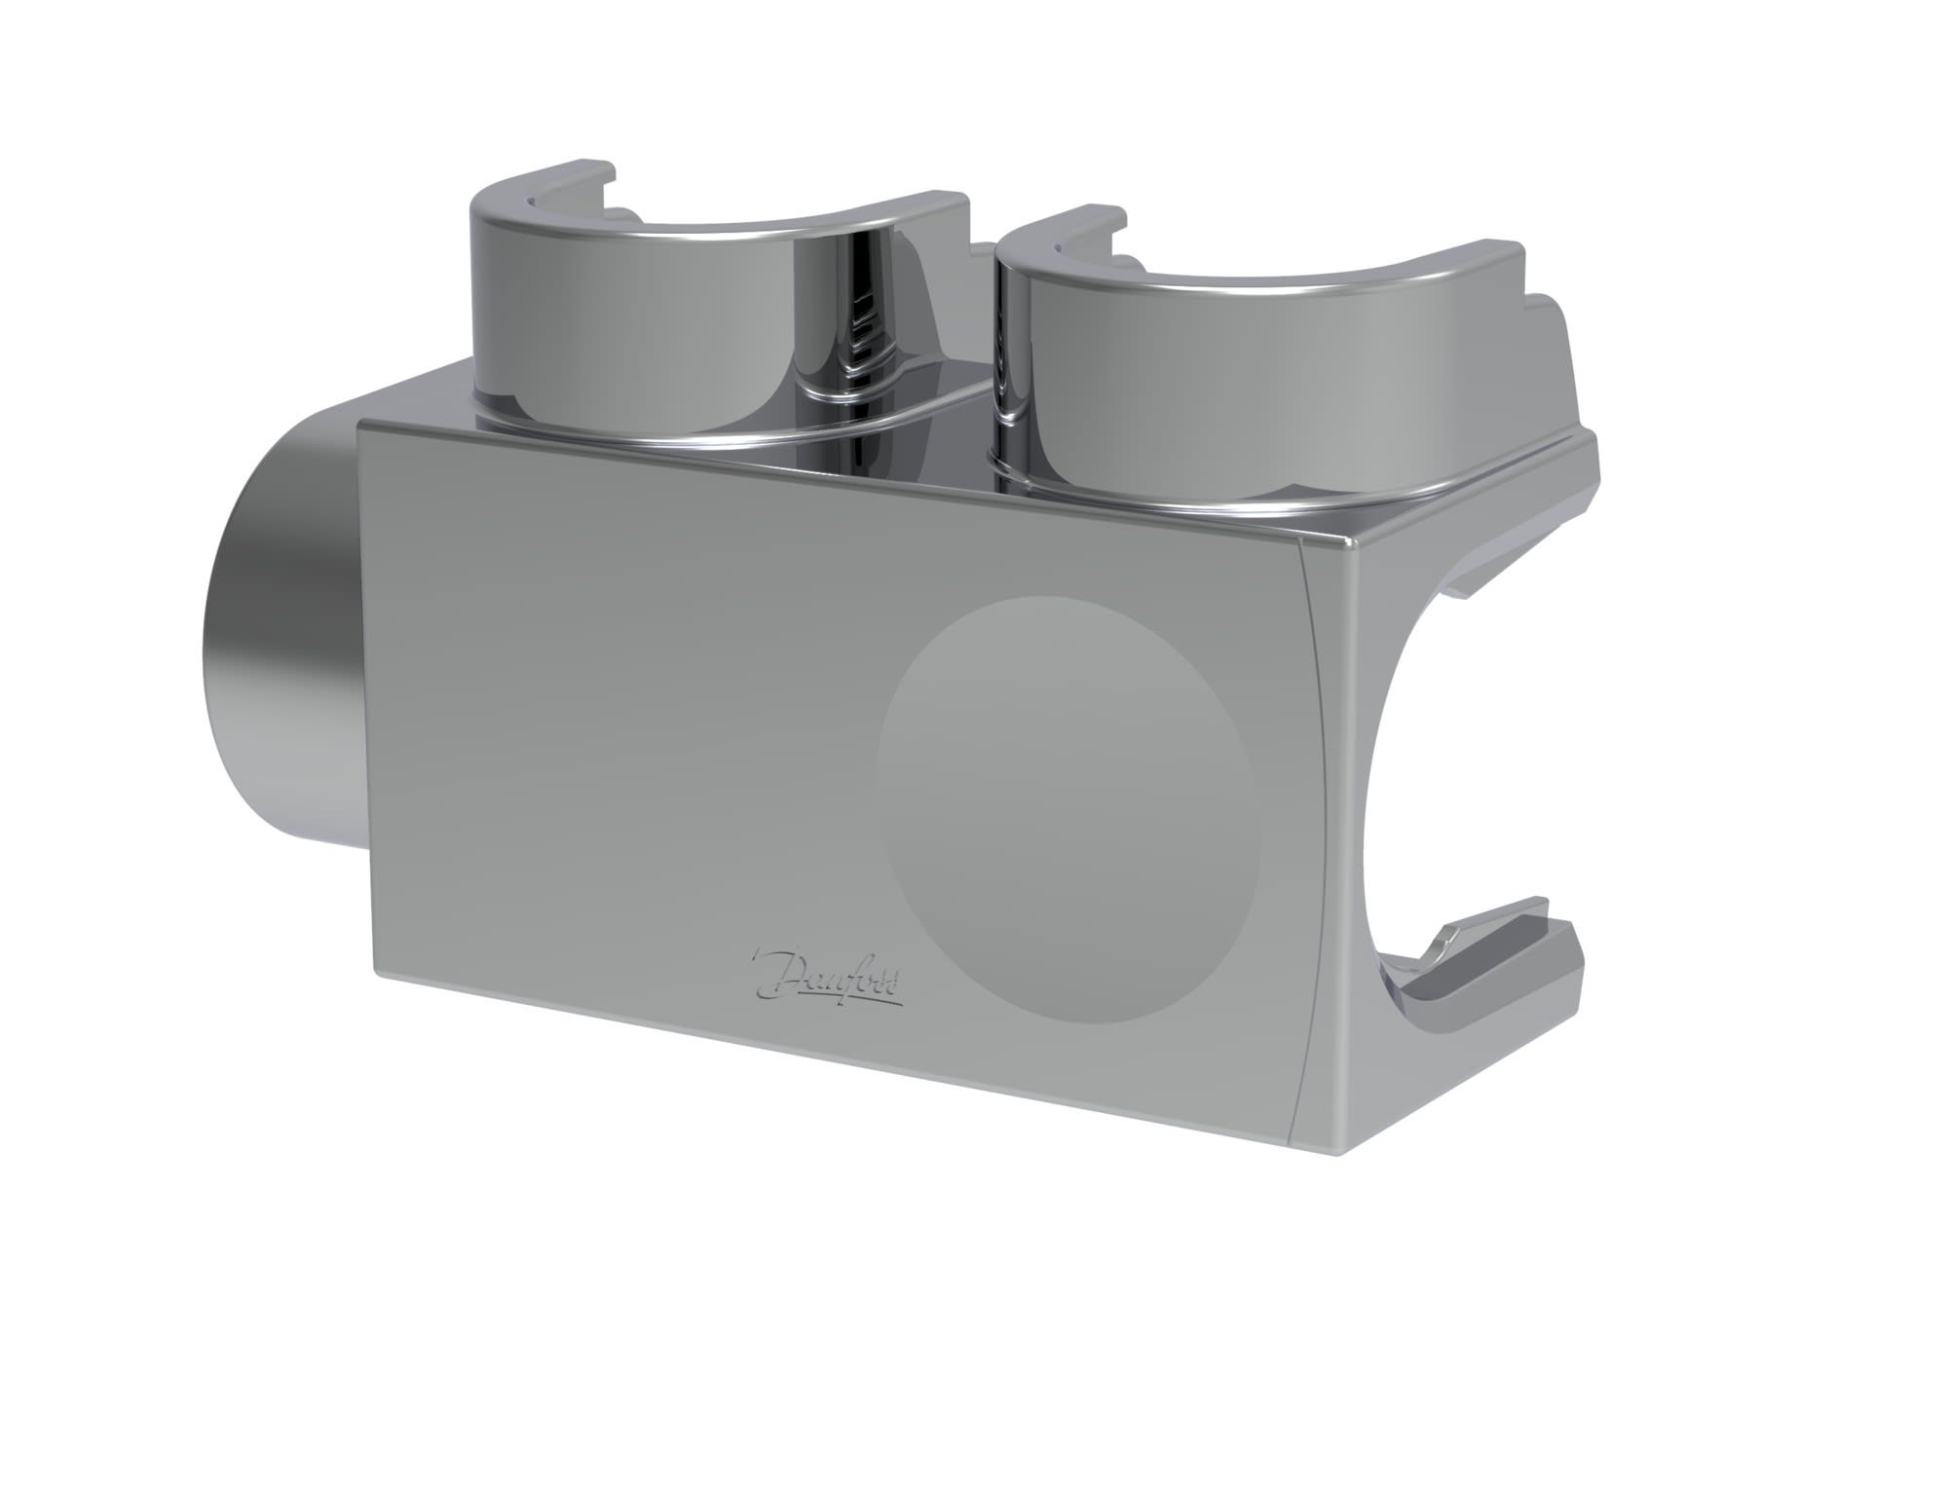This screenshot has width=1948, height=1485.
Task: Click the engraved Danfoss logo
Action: click(x=828, y=975)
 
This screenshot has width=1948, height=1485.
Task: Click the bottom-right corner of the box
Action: click(x=1349, y=1154)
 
